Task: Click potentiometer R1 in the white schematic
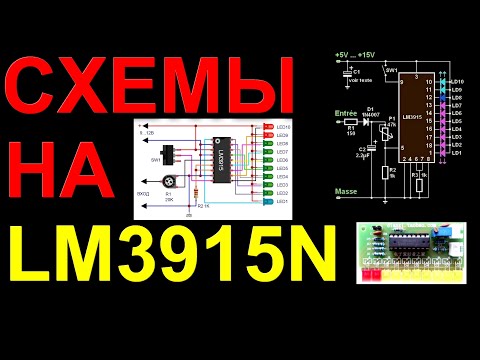click(x=168, y=186)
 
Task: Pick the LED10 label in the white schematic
click(x=282, y=128)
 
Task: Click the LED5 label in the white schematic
click(x=282, y=168)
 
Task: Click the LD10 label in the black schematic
click(x=459, y=80)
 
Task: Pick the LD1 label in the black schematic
click(x=458, y=153)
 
